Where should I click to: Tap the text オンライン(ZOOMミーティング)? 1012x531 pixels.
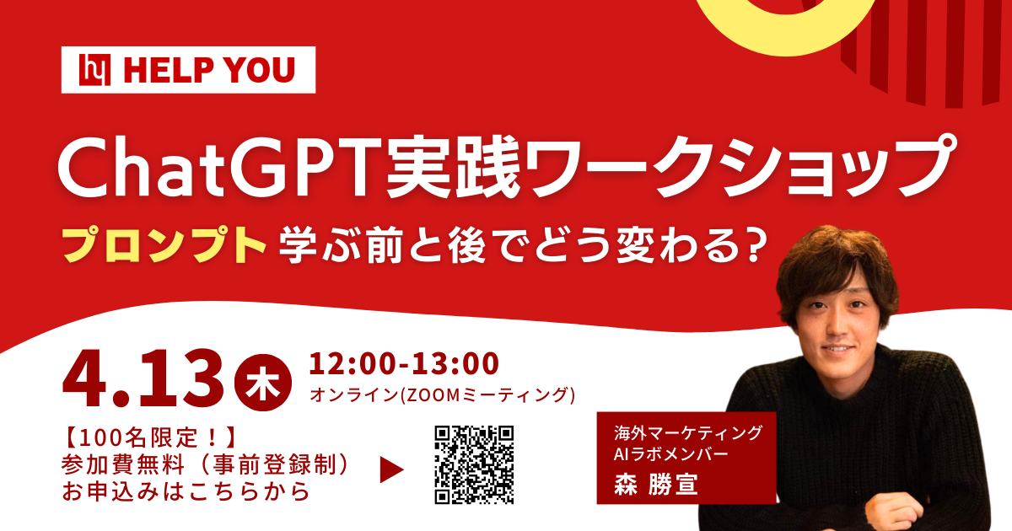pos(443,394)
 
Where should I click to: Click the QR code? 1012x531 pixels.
pos(473,464)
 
